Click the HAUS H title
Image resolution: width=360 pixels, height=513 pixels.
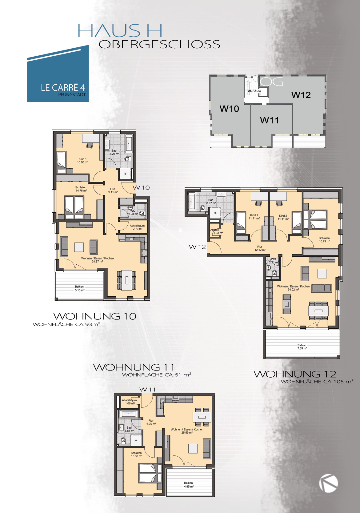coord(120,30)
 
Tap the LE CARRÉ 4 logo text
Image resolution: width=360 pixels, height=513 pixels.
coord(63,88)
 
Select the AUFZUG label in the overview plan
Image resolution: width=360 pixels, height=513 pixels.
coord(254,91)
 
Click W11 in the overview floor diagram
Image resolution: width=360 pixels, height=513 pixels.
coord(269,120)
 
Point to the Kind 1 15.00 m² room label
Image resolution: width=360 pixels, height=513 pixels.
coord(83,161)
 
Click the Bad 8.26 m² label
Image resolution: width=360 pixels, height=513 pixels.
coord(114,152)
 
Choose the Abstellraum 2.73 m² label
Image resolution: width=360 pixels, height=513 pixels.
coord(137,227)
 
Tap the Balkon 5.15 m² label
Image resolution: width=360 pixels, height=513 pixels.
coord(79,288)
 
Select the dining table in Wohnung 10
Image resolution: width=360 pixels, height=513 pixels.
coord(127,280)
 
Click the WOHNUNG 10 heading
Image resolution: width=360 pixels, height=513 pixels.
coord(95,316)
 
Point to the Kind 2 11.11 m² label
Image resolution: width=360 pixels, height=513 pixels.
coord(283,217)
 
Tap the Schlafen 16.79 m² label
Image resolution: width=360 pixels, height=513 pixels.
coord(324,239)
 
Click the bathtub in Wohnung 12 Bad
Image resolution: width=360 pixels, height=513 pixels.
coord(192,201)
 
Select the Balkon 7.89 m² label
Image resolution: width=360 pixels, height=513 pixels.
coord(302,347)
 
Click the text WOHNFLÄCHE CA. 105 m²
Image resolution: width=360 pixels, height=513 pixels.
coord(317,382)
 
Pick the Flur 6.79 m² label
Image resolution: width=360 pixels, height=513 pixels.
coord(151,422)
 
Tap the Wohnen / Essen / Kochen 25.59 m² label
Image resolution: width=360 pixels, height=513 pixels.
coord(187,431)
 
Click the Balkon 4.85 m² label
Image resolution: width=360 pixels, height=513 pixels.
coord(189,485)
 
